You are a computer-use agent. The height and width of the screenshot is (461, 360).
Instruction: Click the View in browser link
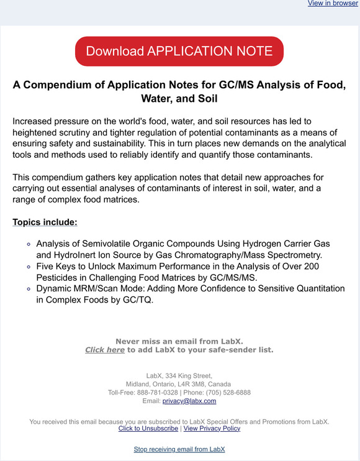click(x=333, y=4)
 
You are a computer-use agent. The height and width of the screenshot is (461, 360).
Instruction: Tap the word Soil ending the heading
click(x=205, y=99)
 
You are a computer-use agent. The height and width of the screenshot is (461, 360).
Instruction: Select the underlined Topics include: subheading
click(x=45, y=222)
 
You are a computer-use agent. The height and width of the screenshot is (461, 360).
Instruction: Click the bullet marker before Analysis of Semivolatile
click(x=29, y=245)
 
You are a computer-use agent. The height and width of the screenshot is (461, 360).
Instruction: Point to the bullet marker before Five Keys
click(x=29, y=267)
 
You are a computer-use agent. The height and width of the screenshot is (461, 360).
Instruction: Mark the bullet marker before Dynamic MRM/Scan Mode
click(x=29, y=289)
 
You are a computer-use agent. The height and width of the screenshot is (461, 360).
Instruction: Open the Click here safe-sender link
click(x=105, y=350)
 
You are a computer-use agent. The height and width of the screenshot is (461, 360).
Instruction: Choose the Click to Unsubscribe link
click(x=148, y=428)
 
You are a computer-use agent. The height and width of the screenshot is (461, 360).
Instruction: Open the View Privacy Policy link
click(x=212, y=428)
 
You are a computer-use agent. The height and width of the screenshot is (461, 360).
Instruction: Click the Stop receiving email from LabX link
click(x=179, y=449)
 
